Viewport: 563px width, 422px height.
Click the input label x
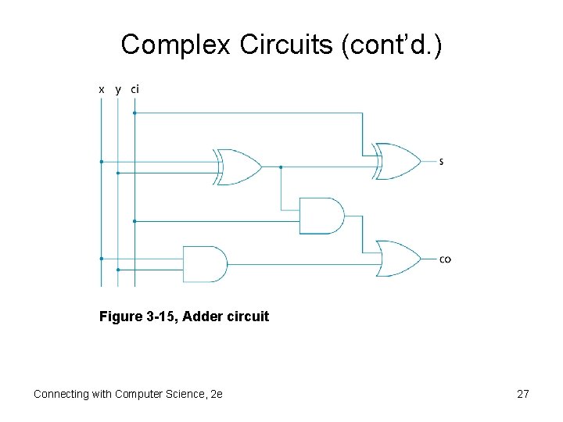[101, 90]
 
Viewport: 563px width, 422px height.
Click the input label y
[118, 90]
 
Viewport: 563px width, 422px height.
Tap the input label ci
[135, 89]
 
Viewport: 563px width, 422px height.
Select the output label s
[442, 162]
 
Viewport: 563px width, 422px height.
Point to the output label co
[445, 259]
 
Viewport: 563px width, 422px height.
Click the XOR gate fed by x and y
[238, 166]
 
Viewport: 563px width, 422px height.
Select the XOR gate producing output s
[397, 161]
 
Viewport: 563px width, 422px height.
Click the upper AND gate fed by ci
[321, 216]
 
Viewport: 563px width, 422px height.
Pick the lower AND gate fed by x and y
[203, 264]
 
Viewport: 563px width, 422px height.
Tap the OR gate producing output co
[398, 259]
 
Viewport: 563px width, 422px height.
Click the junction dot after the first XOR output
[281, 167]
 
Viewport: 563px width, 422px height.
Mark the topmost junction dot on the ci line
[134, 113]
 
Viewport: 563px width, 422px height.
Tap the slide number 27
[523, 394]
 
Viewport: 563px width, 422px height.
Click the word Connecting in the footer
[62, 394]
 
